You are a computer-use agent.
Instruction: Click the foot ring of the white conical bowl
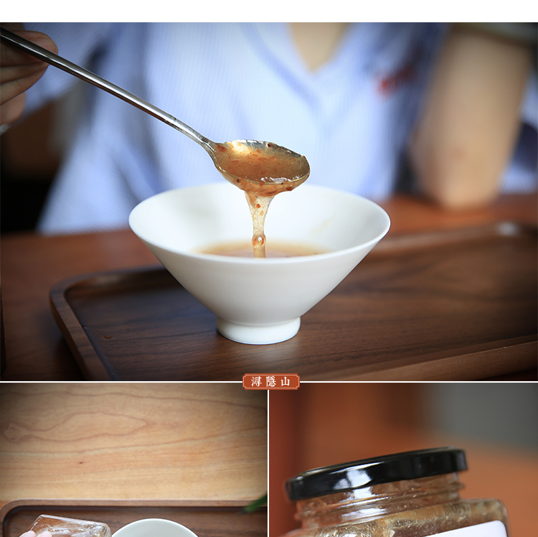(x=258, y=330)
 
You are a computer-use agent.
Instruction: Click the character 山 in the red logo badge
(x=285, y=381)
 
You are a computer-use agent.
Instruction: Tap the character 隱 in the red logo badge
(x=271, y=381)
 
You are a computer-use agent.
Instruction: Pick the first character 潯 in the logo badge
(x=256, y=381)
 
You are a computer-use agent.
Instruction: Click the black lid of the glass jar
(x=377, y=472)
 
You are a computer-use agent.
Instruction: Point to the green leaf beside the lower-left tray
(x=257, y=503)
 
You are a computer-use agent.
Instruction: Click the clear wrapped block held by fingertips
(x=69, y=526)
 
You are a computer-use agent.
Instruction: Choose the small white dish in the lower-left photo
(x=154, y=529)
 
